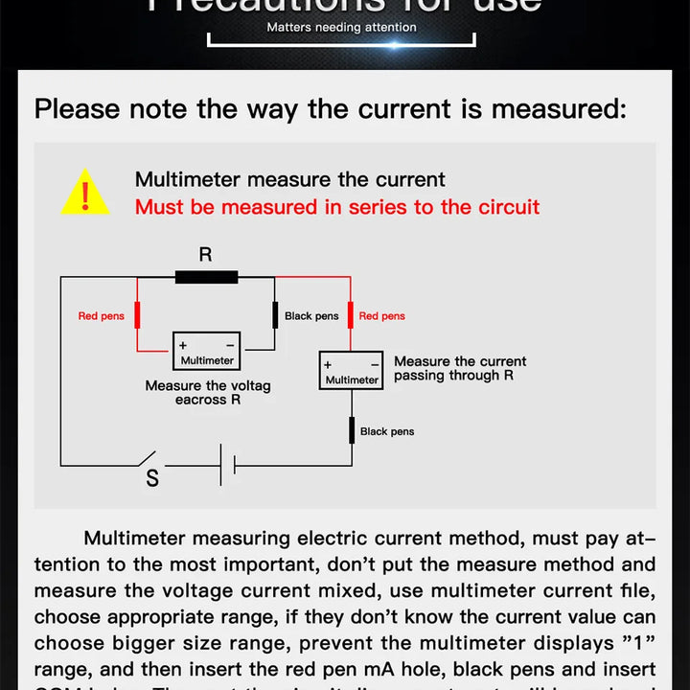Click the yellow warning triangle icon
click(x=84, y=193)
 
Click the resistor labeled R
click(x=206, y=278)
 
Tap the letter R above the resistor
click(x=205, y=254)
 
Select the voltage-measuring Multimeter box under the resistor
click(x=206, y=352)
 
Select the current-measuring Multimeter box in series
click(x=351, y=371)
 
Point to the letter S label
click(x=152, y=478)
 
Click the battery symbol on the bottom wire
click(x=227, y=465)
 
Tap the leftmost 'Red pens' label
click(x=101, y=316)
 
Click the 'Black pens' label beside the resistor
click(x=311, y=316)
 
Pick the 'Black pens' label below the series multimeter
click(x=387, y=432)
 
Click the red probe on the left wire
click(x=137, y=315)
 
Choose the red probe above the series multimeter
click(x=351, y=314)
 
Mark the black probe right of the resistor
click(x=275, y=315)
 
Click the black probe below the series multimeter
click(x=351, y=430)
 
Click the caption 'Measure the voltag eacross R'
click(x=208, y=393)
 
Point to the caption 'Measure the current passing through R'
click(x=460, y=369)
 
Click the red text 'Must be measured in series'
click(x=337, y=207)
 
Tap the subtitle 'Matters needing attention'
click(x=341, y=28)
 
